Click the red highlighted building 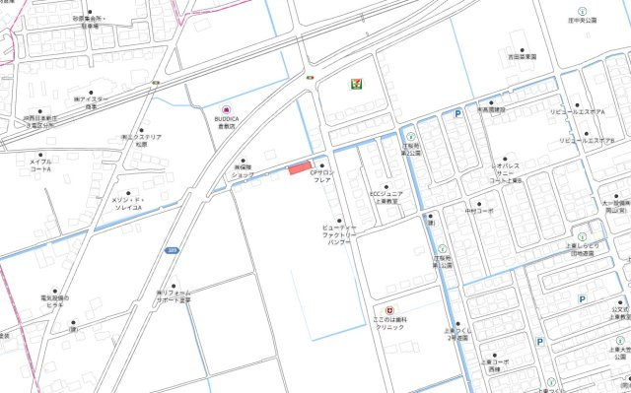pyautogui.click(x=300, y=167)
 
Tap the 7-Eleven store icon pyautogui.click(x=354, y=84)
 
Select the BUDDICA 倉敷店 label pyautogui.click(x=227, y=123)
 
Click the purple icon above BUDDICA pyautogui.click(x=227, y=107)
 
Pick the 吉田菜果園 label pyautogui.click(x=522, y=57)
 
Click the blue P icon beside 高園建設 pyautogui.click(x=457, y=115)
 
